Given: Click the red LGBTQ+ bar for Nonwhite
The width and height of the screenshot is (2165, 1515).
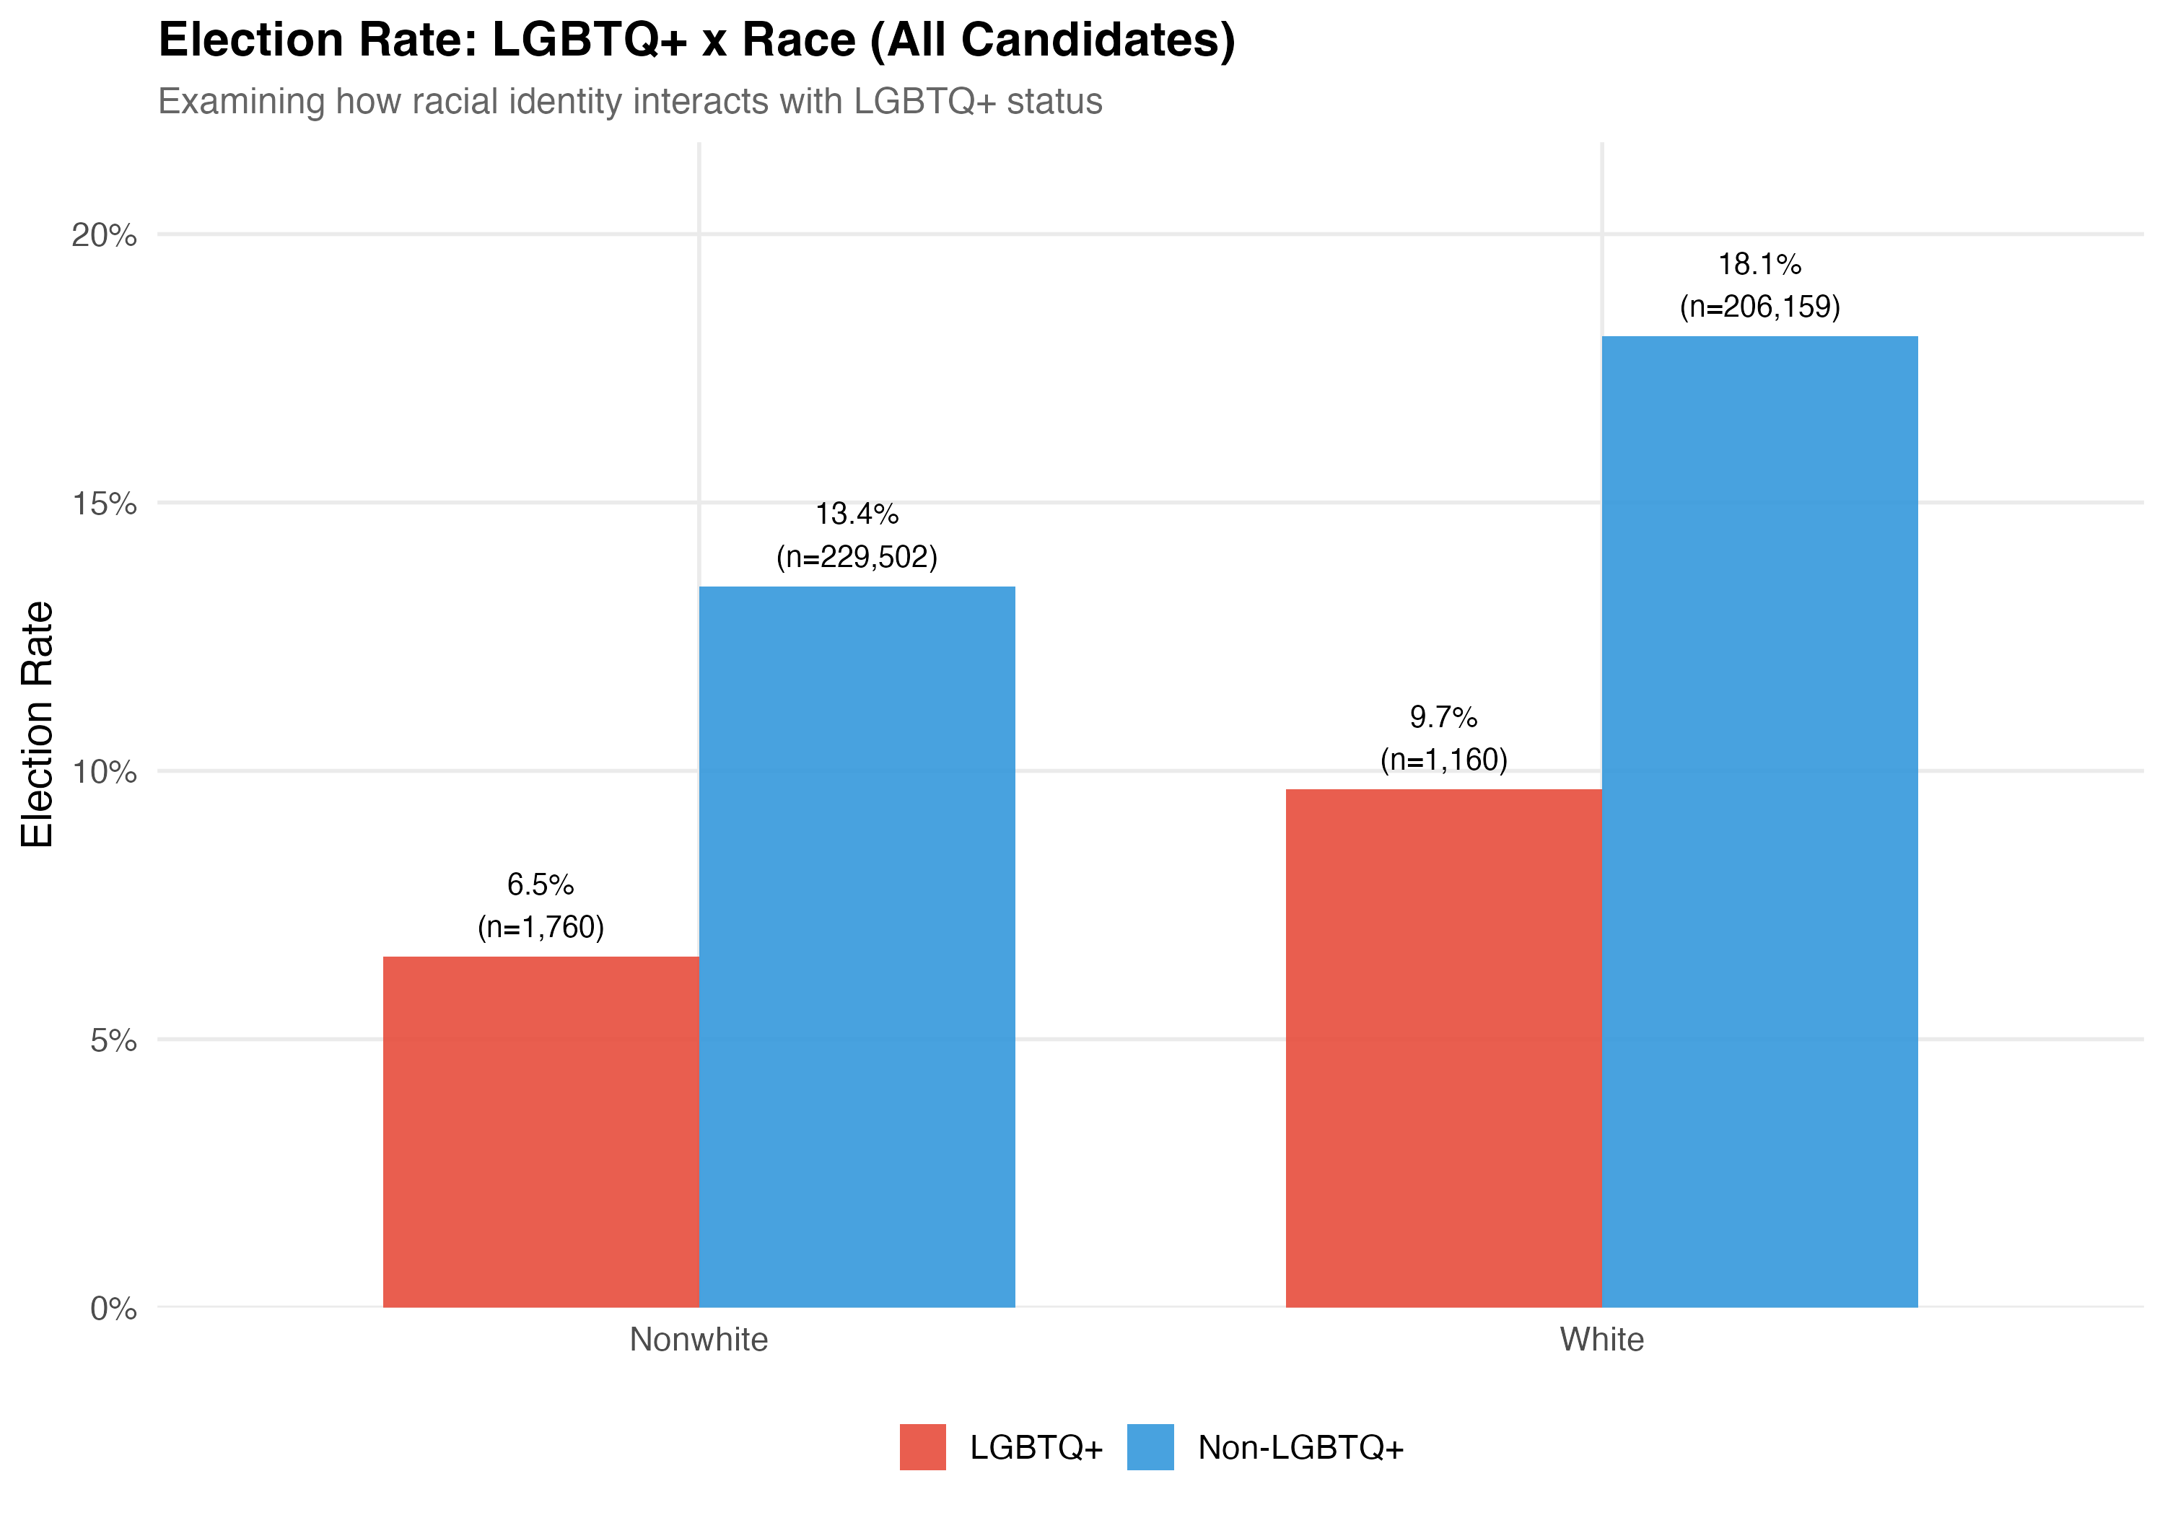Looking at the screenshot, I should tap(541, 1131).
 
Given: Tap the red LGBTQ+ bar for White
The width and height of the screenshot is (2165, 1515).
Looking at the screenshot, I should tap(1443, 1048).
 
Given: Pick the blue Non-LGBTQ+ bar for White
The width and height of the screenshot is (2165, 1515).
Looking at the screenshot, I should tap(1759, 821).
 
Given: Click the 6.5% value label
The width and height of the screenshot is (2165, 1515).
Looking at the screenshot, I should tap(541, 884).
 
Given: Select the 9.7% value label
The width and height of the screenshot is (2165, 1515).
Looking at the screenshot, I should tap(1443, 717).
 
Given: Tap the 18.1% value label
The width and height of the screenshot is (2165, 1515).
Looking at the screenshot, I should tap(1759, 264).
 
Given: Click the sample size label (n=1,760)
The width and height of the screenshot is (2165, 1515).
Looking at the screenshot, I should tap(541, 927).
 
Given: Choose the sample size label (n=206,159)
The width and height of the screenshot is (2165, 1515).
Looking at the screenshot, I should tap(1759, 307).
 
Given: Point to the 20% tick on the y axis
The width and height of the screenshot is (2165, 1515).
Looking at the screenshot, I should tap(104, 234).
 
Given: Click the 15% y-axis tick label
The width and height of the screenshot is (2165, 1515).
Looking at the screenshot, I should tap(104, 504).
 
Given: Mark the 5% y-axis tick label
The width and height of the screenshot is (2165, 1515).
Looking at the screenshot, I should tap(113, 1041).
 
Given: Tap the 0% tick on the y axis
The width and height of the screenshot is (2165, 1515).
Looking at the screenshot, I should tap(113, 1309).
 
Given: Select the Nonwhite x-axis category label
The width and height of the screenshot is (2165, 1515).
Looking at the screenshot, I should tap(699, 1340).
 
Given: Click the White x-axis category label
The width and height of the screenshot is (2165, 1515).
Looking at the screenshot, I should tap(1601, 1340).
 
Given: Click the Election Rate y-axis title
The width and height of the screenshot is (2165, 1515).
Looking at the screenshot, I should tap(38, 724).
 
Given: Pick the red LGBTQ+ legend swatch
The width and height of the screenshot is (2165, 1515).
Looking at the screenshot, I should tap(922, 1447).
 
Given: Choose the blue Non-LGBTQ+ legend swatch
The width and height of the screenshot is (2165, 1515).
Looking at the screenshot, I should tap(1150, 1447).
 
